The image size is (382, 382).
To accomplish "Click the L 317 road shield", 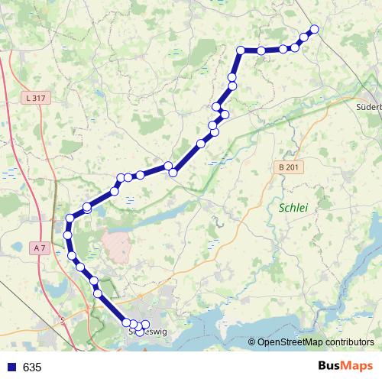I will [x=36, y=97].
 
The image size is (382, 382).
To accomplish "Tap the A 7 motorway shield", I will [x=41, y=248].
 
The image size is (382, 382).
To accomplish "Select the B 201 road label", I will [x=284, y=167].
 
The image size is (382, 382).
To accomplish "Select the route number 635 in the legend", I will [x=32, y=367].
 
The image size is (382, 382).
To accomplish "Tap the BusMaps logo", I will [x=347, y=367].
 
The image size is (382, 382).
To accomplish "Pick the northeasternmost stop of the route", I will [x=313, y=30].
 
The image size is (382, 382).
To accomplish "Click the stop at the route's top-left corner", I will [x=241, y=50].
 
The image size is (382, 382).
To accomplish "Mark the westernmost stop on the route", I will [x=67, y=235].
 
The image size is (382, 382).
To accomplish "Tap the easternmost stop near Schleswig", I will [x=145, y=325].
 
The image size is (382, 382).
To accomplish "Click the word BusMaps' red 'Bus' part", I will [x=331, y=367].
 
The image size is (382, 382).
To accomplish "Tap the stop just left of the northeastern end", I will [x=304, y=37].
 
